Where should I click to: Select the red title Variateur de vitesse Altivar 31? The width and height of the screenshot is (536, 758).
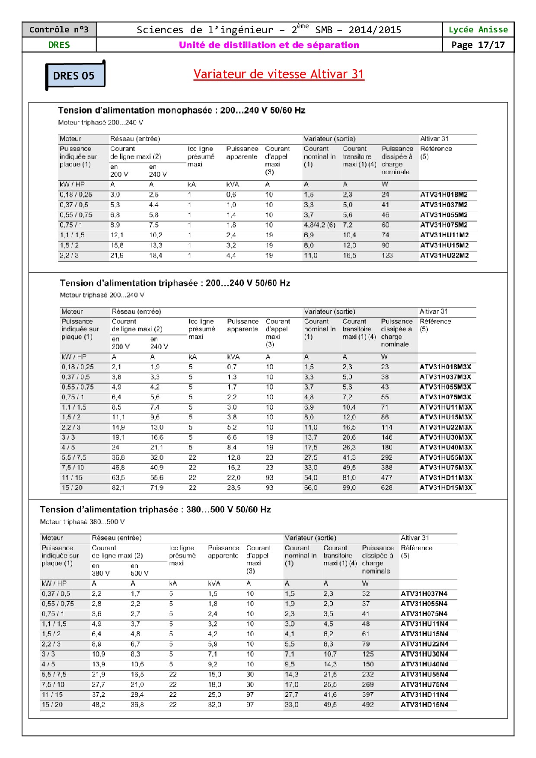click(279, 74)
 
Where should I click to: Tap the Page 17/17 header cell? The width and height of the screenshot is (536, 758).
click(478, 45)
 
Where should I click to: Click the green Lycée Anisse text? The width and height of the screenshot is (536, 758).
click(478, 30)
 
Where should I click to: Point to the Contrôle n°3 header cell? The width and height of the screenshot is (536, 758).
click(59, 30)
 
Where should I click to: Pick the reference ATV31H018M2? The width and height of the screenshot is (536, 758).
click(444, 194)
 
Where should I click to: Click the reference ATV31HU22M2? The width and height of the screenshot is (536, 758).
click(444, 255)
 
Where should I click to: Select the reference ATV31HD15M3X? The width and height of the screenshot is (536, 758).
click(446, 487)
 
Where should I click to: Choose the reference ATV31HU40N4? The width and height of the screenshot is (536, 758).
click(424, 664)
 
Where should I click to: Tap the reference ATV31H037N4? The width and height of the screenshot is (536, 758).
click(424, 594)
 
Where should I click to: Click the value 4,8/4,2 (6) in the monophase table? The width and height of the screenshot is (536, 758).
click(319, 225)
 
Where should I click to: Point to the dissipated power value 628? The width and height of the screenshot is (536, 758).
click(386, 487)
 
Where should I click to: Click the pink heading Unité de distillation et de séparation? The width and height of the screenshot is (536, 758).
click(269, 45)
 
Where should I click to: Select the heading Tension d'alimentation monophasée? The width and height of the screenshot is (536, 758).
click(182, 110)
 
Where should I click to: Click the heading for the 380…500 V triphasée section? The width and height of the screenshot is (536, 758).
click(156, 510)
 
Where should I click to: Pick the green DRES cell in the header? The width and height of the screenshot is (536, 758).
click(59, 45)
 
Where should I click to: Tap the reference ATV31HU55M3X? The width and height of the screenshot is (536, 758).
click(446, 457)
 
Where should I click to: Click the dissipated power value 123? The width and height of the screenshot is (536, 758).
click(387, 255)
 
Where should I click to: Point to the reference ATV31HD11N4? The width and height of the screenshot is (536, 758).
click(424, 694)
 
